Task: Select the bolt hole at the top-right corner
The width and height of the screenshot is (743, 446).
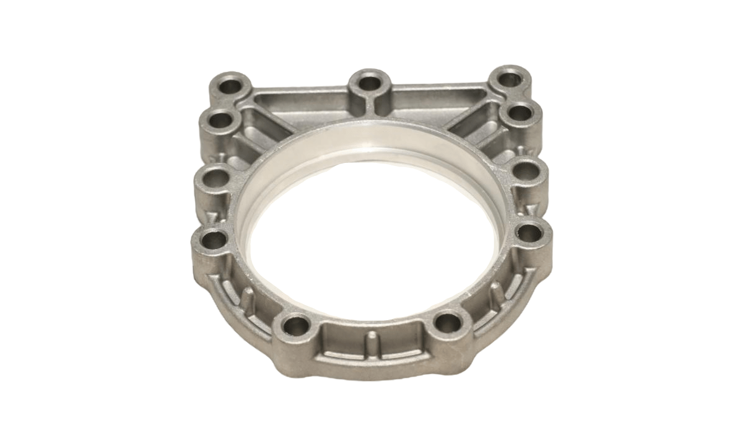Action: point(509,79)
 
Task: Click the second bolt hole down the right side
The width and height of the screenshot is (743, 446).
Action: point(519,113)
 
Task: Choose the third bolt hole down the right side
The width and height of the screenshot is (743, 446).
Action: point(526,170)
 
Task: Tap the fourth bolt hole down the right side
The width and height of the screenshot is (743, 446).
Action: point(530,233)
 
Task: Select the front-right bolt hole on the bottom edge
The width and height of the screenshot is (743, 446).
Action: point(446,322)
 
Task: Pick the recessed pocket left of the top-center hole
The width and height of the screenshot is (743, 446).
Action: point(310,102)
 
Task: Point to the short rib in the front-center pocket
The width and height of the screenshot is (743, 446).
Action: point(371,340)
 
